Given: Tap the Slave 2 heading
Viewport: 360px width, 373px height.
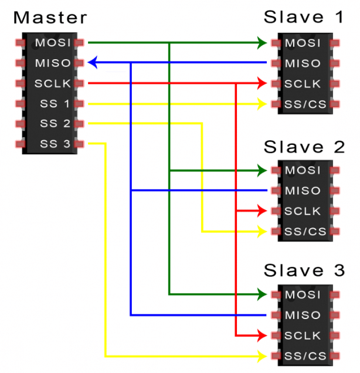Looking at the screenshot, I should (x=304, y=146).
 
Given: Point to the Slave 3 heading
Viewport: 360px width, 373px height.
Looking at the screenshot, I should (x=304, y=270).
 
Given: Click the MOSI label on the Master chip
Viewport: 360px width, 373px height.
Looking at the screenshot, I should (x=53, y=43).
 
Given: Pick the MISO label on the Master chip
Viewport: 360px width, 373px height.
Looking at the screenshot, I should (x=53, y=63).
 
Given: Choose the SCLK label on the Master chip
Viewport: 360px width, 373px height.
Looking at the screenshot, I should (x=53, y=83).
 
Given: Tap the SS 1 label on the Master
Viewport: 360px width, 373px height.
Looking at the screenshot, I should (x=55, y=104).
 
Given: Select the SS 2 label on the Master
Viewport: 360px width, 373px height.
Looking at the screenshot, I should (x=55, y=124).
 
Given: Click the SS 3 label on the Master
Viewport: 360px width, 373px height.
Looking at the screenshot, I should (x=55, y=144).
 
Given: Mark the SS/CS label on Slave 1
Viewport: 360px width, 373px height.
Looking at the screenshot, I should (x=303, y=104).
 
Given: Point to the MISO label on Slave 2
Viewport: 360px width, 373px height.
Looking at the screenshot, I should (x=303, y=191).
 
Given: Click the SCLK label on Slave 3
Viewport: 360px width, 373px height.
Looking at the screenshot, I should (x=303, y=335).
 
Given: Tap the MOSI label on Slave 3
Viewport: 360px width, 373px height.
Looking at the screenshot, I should (x=303, y=294).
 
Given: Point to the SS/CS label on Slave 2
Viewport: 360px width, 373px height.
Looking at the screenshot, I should (x=303, y=231).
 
